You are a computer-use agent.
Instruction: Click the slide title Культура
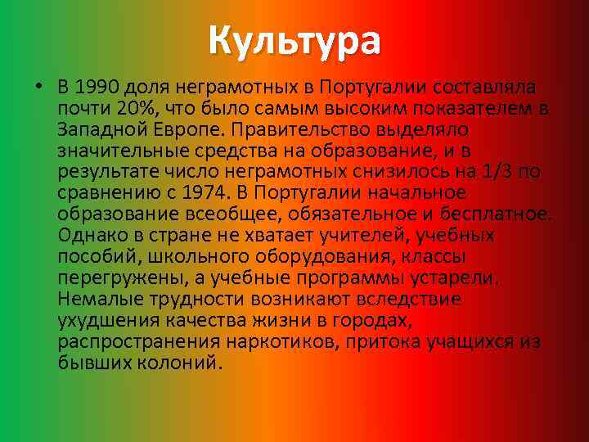click(294, 40)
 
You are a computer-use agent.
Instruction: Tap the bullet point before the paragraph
click(38, 88)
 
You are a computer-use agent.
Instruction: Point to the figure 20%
click(133, 109)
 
